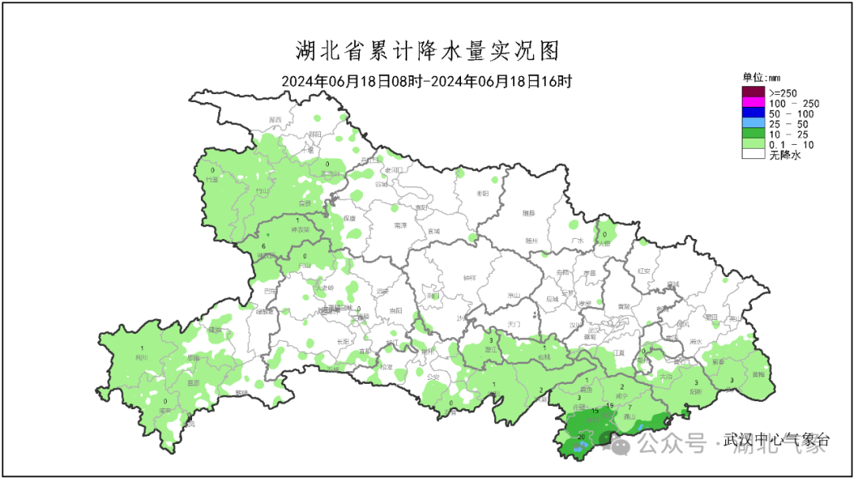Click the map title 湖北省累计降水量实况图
(x=427, y=51)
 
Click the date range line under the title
(x=427, y=81)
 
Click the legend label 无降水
(x=784, y=156)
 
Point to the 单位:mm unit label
(x=761, y=78)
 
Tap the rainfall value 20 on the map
(x=581, y=437)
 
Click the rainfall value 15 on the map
(x=595, y=412)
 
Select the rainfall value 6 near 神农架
(x=263, y=247)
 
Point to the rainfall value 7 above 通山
(x=630, y=408)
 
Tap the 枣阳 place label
(x=483, y=193)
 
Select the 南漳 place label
(x=400, y=226)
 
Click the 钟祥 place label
(x=469, y=277)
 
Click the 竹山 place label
(x=263, y=192)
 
